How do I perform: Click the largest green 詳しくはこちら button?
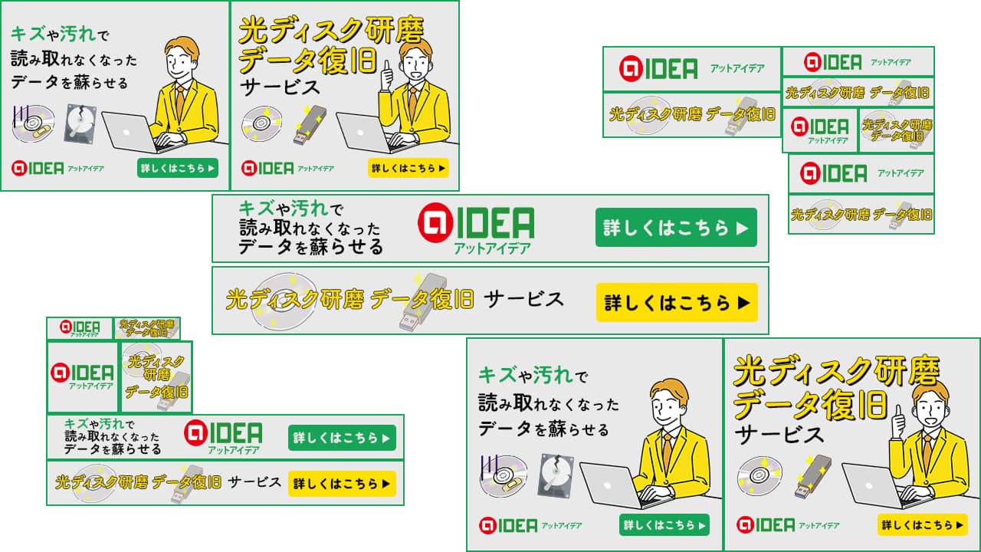click(676, 228)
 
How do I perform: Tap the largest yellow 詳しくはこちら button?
click(677, 302)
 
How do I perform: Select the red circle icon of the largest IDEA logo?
click(435, 222)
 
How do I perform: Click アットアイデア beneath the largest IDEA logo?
click(492, 249)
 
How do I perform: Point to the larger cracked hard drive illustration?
click(556, 475)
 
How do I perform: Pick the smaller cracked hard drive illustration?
click(80, 123)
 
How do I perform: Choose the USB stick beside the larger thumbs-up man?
click(812, 476)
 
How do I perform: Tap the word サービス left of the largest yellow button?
click(523, 300)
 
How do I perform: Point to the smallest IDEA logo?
click(80, 327)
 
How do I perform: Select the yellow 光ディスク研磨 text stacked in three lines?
click(156, 376)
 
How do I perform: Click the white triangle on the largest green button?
click(743, 228)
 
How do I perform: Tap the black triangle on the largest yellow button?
click(743, 303)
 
